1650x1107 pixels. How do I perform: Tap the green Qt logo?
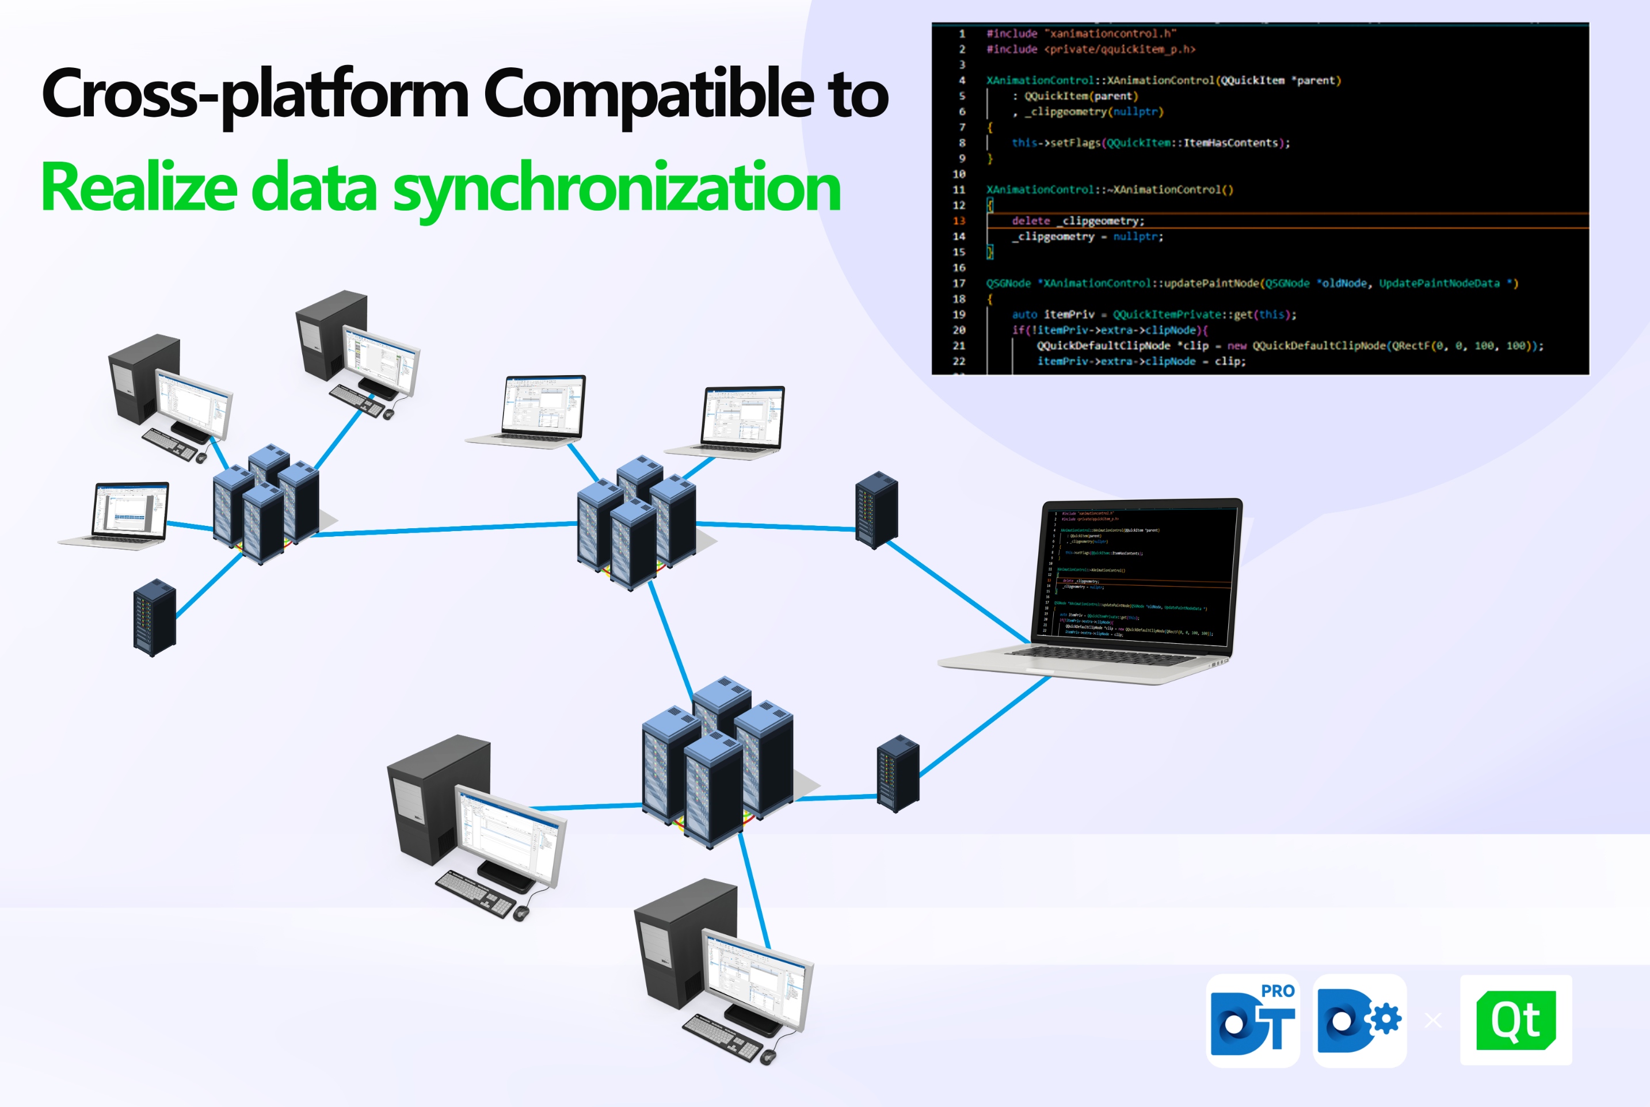point(1515,1020)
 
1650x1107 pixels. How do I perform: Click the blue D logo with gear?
point(1359,1021)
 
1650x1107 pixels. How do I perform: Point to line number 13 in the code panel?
point(959,221)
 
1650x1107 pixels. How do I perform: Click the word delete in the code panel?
point(1031,221)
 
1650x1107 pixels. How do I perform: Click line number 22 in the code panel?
point(959,361)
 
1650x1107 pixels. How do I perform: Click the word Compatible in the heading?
point(650,96)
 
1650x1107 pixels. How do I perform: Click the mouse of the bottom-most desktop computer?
point(768,1057)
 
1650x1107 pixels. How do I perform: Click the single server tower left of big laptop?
point(876,510)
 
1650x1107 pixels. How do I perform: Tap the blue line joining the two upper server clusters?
point(445,529)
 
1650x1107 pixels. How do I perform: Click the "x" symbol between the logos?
point(1433,1021)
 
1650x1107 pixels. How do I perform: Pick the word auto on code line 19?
point(1024,315)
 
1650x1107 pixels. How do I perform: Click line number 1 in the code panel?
point(962,34)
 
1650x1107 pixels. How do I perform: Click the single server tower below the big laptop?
point(898,774)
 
